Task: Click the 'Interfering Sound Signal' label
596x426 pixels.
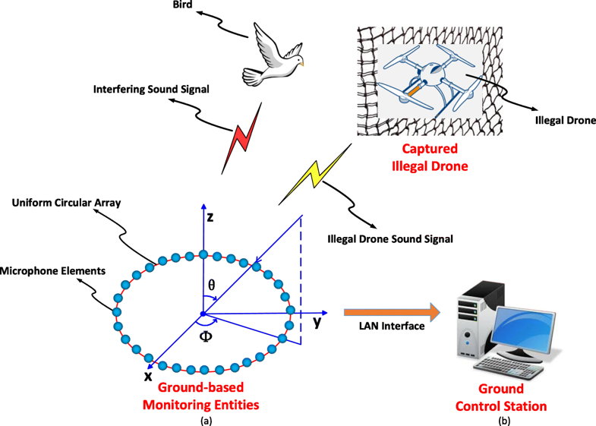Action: pos(151,90)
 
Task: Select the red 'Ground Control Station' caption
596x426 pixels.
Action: pos(500,399)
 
